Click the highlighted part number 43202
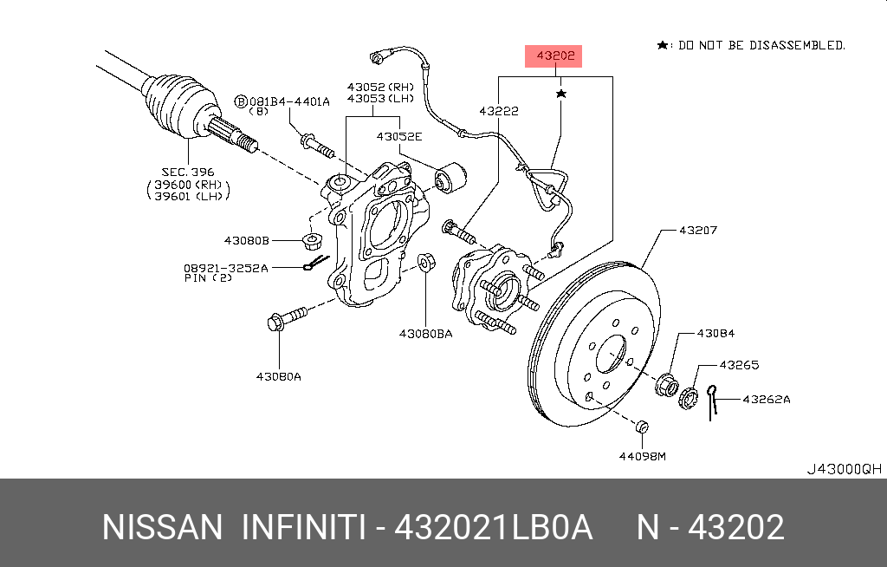point(555,56)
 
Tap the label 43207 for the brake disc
point(697,231)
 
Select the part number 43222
point(499,111)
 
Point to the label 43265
point(739,365)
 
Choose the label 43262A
point(766,400)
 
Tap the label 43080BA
point(425,334)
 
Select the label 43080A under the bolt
point(279,376)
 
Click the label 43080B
point(247,239)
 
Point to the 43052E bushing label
point(398,137)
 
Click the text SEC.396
point(187,173)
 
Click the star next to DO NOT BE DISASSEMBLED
point(663,45)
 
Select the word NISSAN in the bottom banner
point(162,527)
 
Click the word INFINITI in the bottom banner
point(301,527)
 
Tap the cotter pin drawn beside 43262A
point(713,401)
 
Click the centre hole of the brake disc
point(612,355)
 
